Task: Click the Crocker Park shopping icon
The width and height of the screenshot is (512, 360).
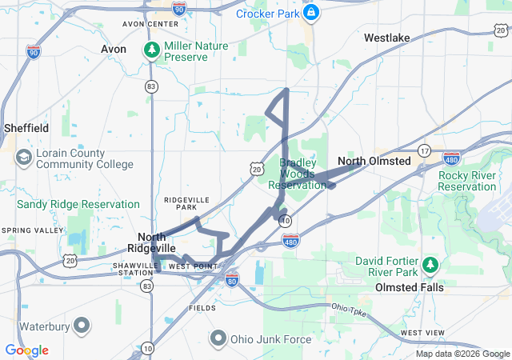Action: (312, 13)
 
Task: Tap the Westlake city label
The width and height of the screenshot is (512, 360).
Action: (386, 38)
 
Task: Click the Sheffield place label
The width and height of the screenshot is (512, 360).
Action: (26, 128)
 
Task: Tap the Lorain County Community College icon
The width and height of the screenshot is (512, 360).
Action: (23, 155)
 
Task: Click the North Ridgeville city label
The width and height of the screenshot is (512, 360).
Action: (157, 242)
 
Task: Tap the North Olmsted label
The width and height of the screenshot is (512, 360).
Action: (374, 161)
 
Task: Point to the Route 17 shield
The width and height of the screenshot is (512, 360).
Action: (424, 150)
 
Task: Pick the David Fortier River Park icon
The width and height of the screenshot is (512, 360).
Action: (430, 263)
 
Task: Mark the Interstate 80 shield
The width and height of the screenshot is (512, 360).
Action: (231, 279)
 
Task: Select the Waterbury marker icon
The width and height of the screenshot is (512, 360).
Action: (82, 326)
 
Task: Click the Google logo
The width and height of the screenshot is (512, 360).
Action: (26, 350)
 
